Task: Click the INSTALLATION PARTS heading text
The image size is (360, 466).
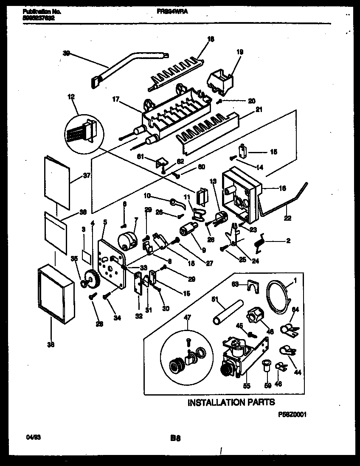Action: click(231, 402)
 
